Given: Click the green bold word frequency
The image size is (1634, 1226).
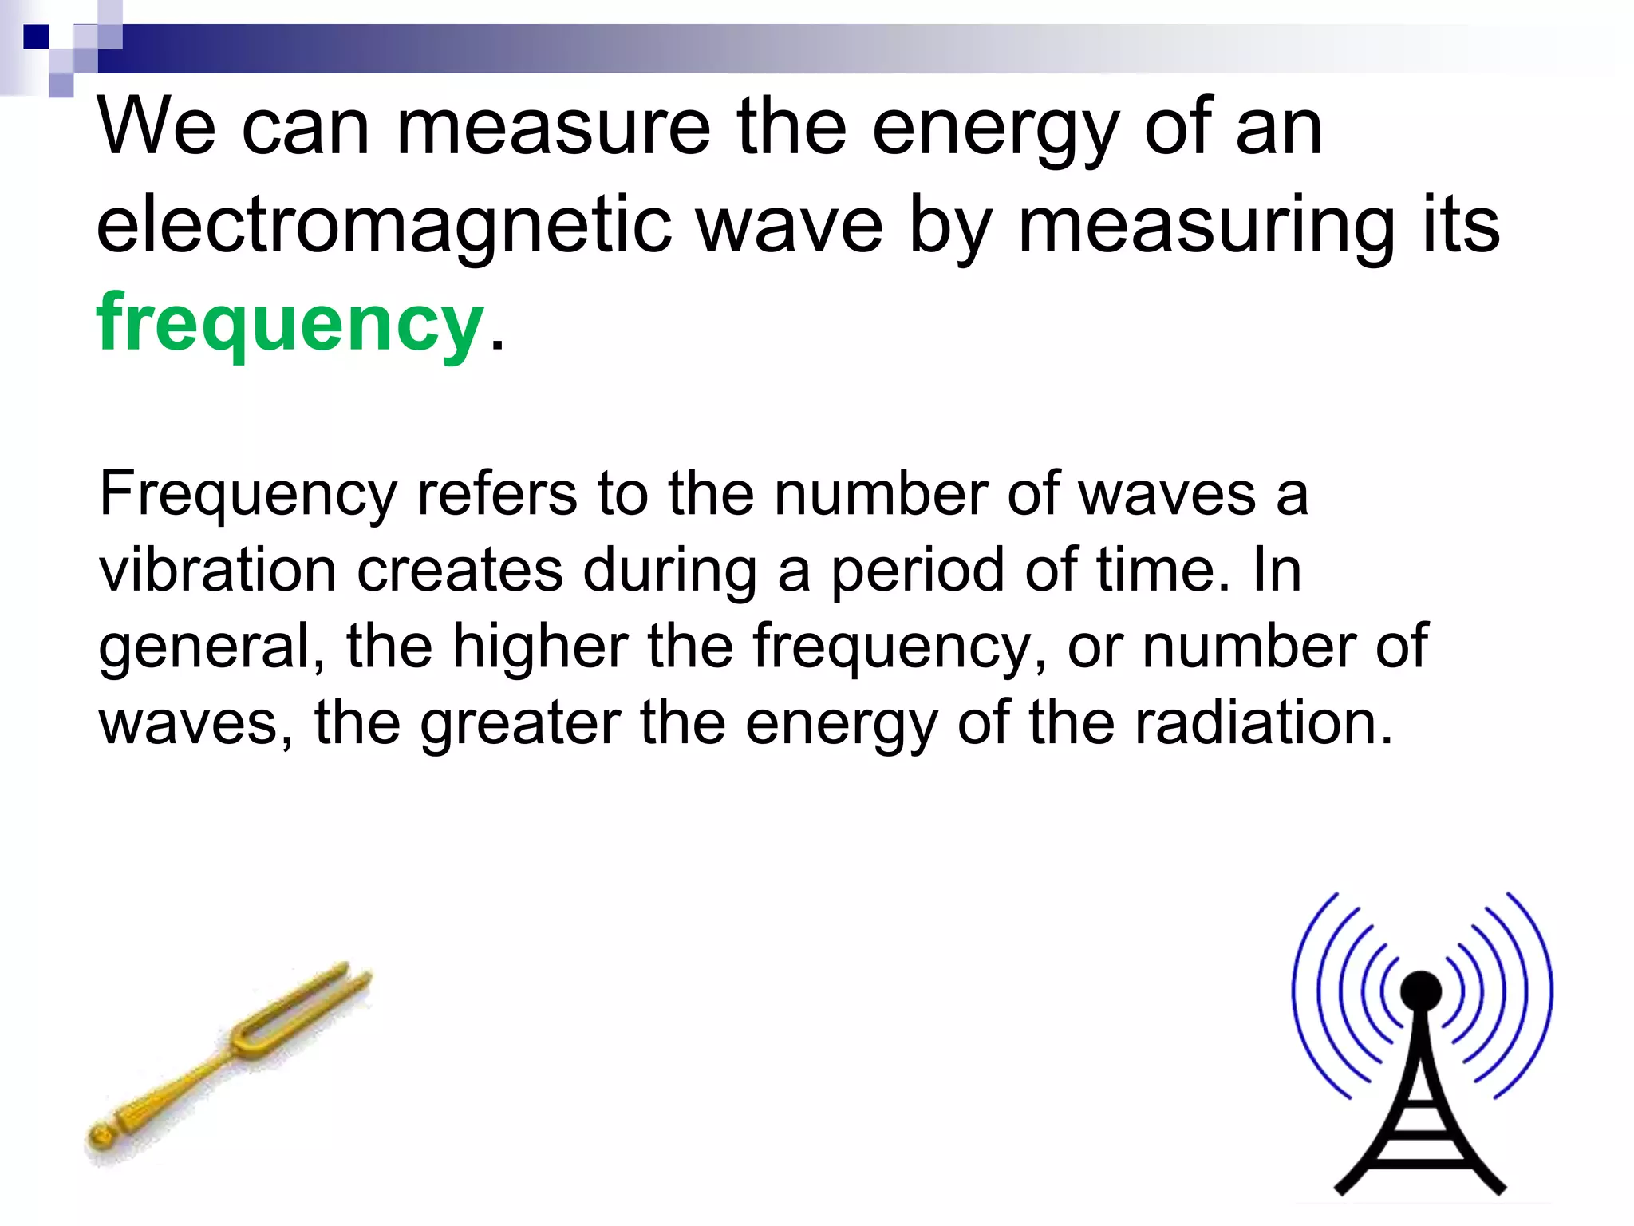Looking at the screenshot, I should point(290,324).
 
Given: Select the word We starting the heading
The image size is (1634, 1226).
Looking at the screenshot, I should point(156,128).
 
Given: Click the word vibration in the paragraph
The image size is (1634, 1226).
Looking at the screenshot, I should point(218,571).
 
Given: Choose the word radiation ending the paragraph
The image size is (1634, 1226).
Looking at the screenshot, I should point(1263,723).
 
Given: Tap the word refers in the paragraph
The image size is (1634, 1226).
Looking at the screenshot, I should point(496,494).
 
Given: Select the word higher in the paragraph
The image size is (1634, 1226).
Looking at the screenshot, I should point(539,647).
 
